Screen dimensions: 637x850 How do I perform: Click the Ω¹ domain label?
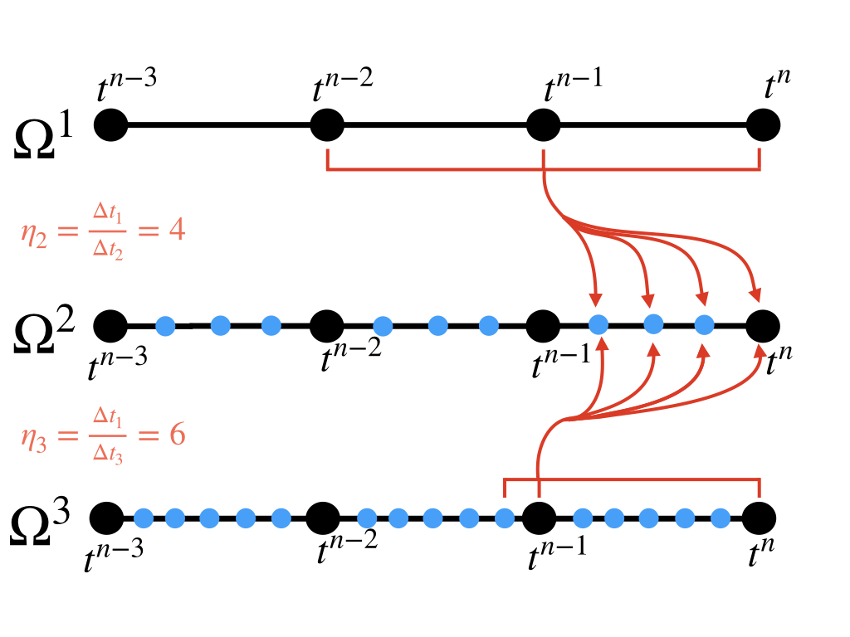coord(46,131)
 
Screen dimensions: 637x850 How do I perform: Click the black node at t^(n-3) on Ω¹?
coord(110,126)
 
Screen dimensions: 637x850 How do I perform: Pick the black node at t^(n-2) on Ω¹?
coord(327,126)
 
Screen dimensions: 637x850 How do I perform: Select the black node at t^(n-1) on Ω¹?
coord(544,126)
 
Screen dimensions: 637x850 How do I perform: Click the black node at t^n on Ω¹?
coord(763,126)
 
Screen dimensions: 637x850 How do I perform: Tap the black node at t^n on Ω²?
coord(763,325)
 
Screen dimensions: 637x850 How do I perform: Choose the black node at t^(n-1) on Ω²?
coord(544,325)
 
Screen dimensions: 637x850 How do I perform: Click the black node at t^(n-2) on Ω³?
coord(323,519)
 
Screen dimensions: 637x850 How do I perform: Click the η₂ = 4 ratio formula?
coord(102,231)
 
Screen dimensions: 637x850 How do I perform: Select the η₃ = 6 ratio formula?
coord(102,435)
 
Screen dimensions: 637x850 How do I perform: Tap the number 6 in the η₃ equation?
coord(177,435)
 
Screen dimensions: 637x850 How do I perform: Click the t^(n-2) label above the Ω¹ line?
coord(342,86)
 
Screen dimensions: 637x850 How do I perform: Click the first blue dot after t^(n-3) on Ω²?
coord(165,325)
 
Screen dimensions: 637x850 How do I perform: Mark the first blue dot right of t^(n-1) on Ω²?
coord(598,324)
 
